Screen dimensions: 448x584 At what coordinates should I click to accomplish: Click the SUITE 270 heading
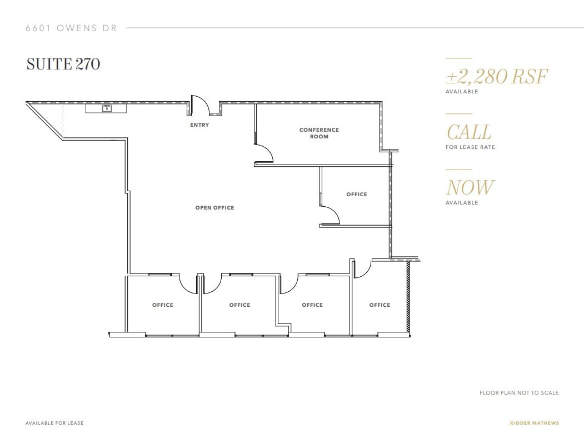[x=63, y=64]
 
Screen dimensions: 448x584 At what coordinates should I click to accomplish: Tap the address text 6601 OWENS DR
[x=71, y=28]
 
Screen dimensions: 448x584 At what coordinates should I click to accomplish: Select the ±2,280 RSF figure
[x=496, y=76]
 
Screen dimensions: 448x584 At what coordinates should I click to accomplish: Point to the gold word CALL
[x=468, y=132]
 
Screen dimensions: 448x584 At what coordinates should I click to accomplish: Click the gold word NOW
[x=469, y=188]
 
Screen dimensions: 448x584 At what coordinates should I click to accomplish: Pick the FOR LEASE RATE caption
[x=470, y=147]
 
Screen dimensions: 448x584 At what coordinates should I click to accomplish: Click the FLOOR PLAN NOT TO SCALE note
[x=519, y=393]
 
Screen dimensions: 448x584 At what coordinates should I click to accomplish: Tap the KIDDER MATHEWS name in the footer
[x=535, y=423]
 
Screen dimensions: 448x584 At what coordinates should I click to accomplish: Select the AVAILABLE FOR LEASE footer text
[x=54, y=423]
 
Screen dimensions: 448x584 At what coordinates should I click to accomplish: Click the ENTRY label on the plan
[x=199, y=125]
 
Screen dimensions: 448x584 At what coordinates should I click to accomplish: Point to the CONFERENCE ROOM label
[x=319, y=133]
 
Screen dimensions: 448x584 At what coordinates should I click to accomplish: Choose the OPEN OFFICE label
[x=214, y=208]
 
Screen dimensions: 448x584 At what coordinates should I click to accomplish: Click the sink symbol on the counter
[x=106, y=109]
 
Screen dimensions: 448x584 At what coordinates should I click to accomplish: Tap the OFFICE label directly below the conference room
[x=356, y=195]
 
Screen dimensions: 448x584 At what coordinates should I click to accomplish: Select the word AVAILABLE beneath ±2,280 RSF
[x=461, y=92]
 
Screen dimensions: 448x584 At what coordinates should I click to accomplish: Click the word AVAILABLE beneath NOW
[x=461, y=203]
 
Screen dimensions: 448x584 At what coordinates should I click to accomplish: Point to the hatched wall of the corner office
[x=408, y=297]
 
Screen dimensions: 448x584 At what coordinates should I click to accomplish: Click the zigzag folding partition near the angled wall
[x=63, y=121]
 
